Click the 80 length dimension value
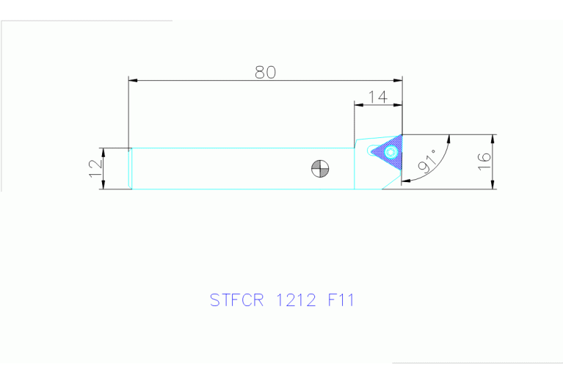(265, 72)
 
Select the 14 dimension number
(377, 96)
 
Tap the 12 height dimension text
(95, 168)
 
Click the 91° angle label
(427, 162)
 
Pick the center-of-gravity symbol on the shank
(319, 168)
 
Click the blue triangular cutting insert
(388, 152)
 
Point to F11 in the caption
(341, 300)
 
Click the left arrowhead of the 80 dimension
(132, 79)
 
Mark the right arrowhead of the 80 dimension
(399, 79)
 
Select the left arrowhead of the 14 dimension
(358, 104)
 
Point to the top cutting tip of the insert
(402, 135)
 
